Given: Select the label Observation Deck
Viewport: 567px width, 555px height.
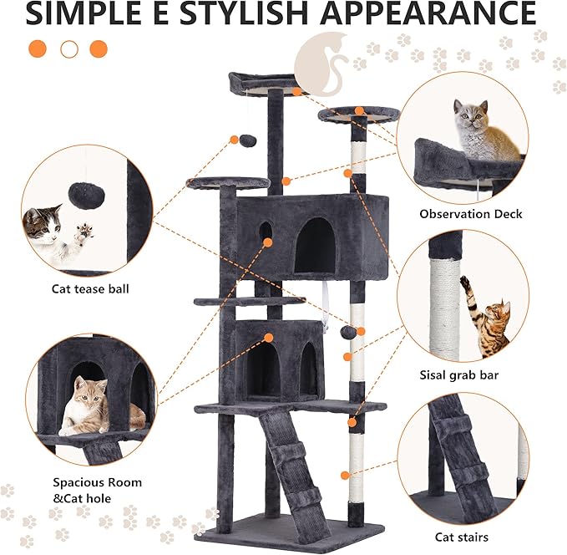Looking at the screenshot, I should (x=471, y=214).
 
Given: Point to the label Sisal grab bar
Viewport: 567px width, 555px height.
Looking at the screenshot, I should (x=458, y=375).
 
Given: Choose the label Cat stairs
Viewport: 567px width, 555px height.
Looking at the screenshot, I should (x=462, y=537).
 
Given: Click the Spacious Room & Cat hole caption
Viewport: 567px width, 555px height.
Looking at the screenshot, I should (x=97, y=491).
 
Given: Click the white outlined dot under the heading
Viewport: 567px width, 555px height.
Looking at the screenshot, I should (x=69, y=49).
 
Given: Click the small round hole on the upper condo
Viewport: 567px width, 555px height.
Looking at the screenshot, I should (x=266, y=229).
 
